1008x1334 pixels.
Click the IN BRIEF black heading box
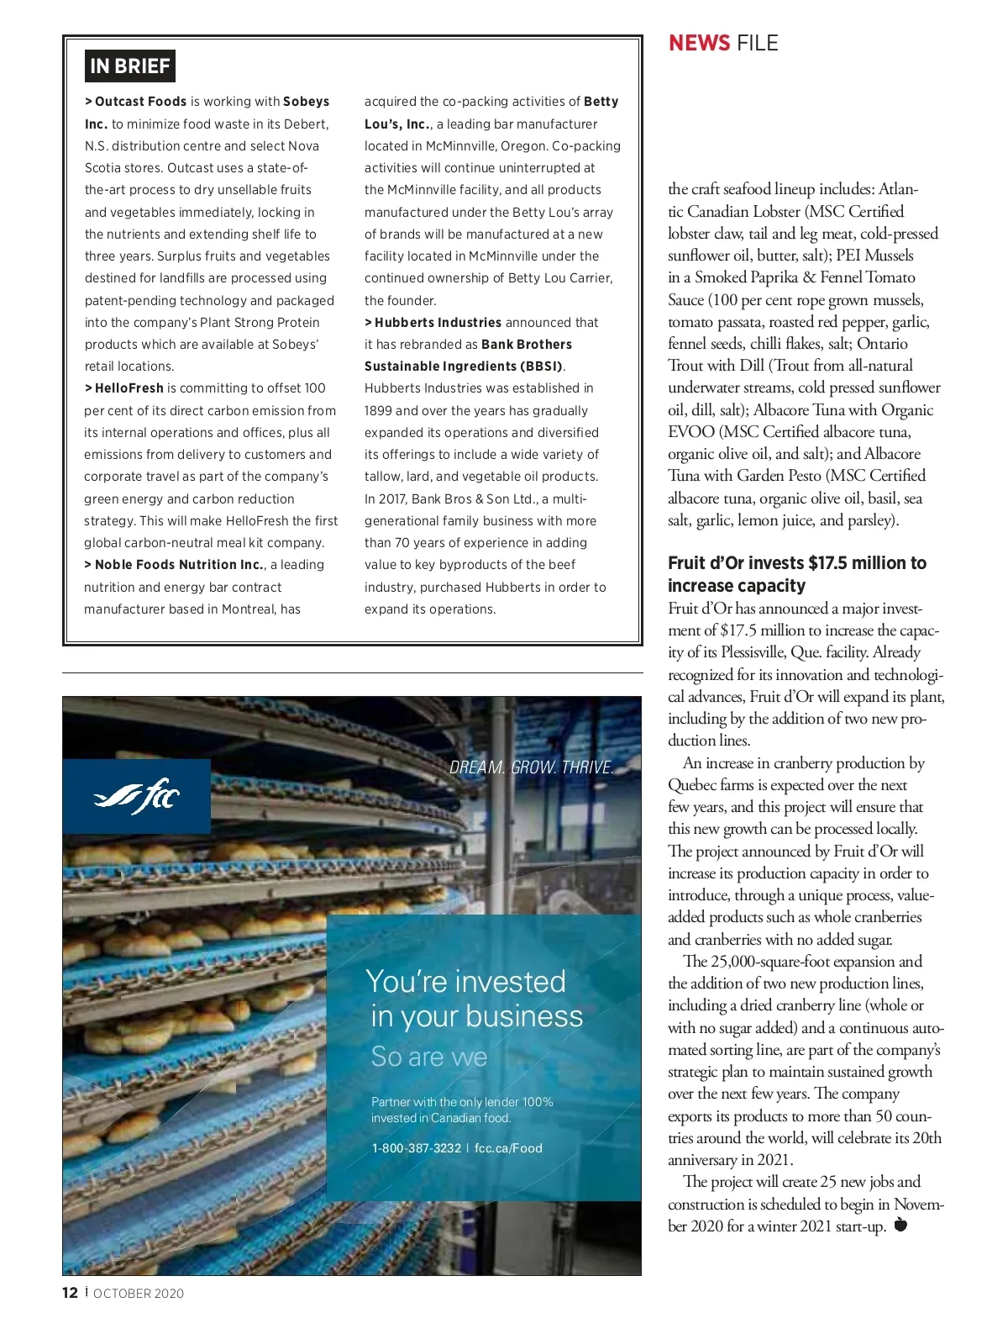coord(129,66)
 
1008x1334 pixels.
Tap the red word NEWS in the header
coord(699,43)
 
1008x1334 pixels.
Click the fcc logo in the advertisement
coord(136,795)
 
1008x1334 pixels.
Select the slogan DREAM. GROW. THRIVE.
coord(532,767)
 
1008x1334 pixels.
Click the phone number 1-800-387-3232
coord(416,1148)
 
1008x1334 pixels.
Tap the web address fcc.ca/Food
coord(508,1148)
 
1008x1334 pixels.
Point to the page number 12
coord(70,1293)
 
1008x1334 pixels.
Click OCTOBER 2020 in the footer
coord(139,1294)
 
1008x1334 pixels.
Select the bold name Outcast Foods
coord(140,102)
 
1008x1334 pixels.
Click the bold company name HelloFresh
coord(129,388)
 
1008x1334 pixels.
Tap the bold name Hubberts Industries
coord(438,323)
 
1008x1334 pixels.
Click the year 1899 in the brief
coord(378,411)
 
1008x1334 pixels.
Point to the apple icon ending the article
coord(900,1224)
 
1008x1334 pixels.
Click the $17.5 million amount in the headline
coord(851,563)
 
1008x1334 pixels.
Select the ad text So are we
coord(429,1057)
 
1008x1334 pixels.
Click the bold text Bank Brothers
coord(527,345)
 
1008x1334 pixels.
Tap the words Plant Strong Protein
coord(260,323)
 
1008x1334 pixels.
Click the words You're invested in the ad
coord(466,982)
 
